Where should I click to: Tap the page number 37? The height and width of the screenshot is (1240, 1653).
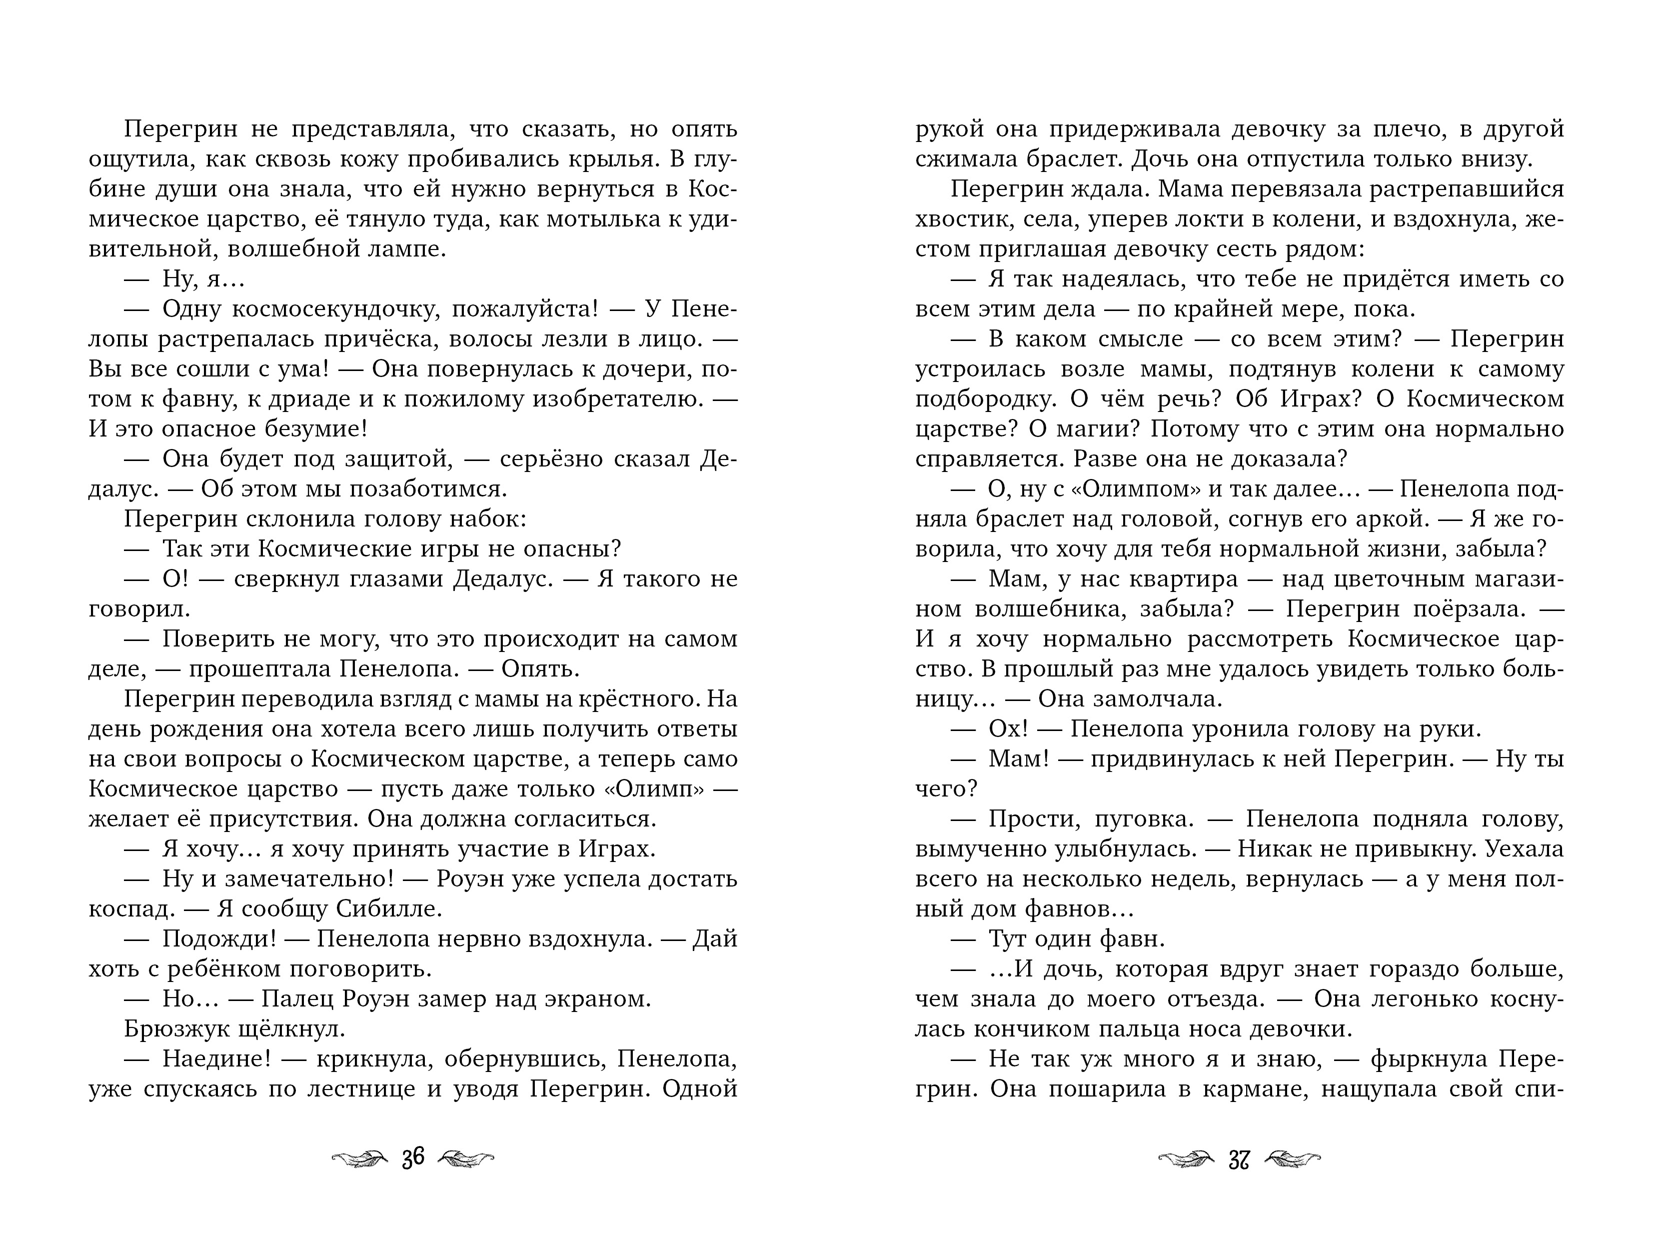coord(1239,1158)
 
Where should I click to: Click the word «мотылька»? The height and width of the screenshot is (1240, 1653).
coord(610,219)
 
